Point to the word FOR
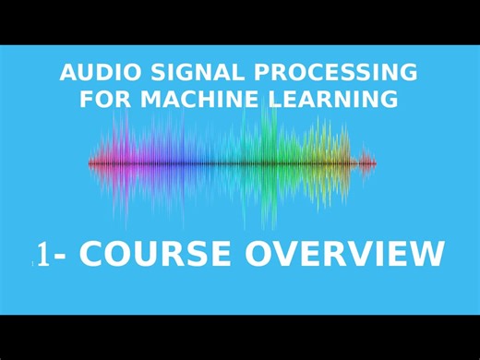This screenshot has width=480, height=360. tap(104, 98)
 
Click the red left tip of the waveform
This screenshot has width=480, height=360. tap(91, 163)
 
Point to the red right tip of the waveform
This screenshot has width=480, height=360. tap(373, 163)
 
